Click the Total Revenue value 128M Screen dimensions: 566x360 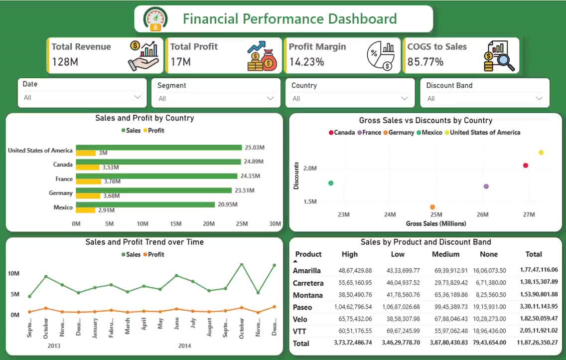65,62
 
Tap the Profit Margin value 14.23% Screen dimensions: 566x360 306,62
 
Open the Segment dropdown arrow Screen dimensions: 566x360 270,98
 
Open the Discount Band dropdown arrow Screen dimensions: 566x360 539,98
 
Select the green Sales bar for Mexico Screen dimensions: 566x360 145,204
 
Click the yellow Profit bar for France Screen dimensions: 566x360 89,181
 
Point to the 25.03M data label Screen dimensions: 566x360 255,147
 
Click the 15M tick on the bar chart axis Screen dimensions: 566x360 176,224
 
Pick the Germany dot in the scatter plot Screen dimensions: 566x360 432,207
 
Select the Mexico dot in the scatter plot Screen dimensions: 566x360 331,183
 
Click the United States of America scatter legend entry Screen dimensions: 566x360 482,133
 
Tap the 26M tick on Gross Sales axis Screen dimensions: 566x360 483,214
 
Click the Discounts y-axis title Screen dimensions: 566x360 296,176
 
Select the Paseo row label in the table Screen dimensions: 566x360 302,307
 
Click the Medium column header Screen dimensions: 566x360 446,254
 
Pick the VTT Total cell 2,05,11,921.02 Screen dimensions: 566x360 539,331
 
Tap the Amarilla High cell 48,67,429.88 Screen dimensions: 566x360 355,270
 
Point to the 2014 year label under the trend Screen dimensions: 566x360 184,346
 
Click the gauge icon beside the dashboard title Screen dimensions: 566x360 155,18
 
